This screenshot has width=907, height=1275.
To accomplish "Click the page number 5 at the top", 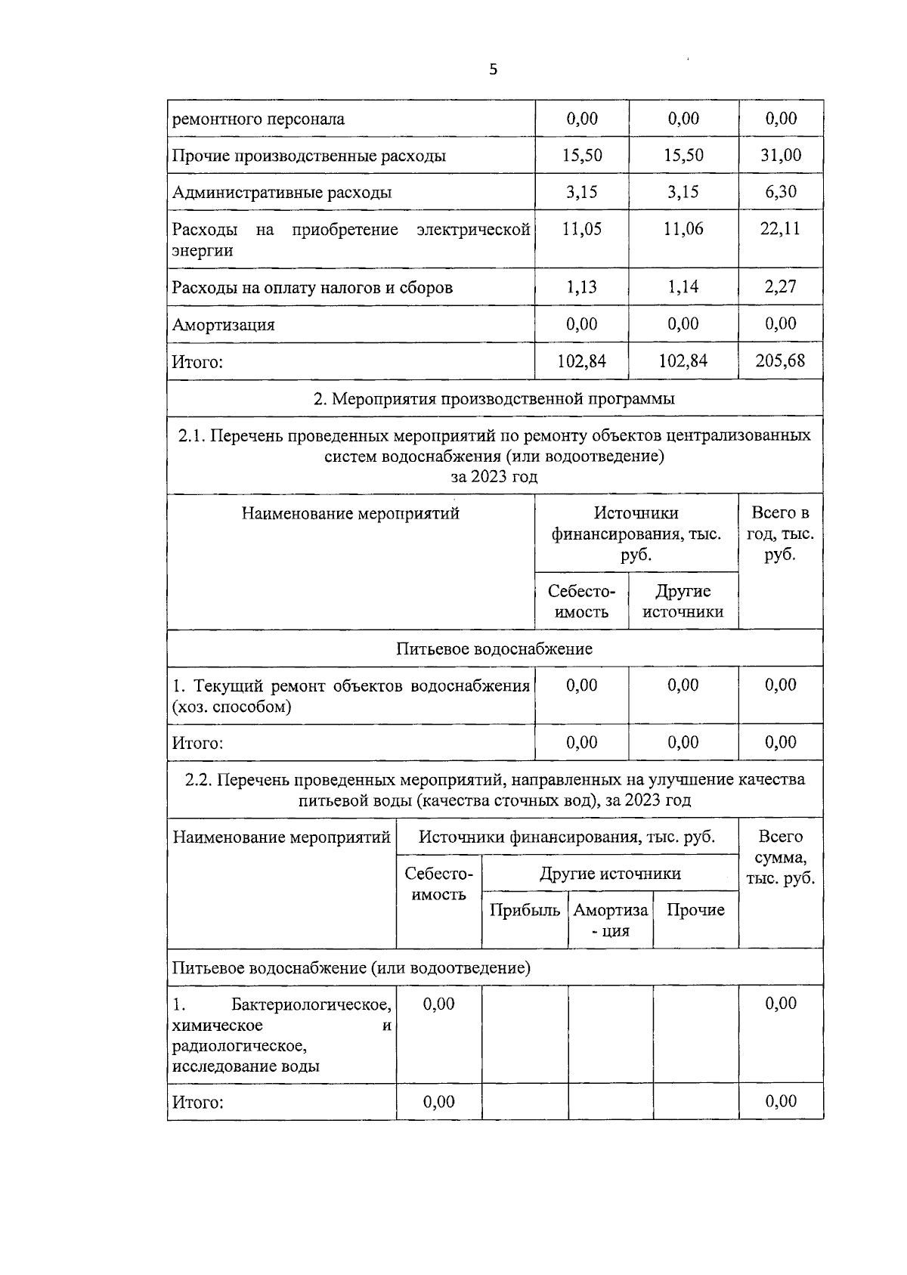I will point(494,70).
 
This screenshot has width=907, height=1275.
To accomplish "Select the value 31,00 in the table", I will point(781,156).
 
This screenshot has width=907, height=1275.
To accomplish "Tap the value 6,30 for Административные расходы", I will point(781,192).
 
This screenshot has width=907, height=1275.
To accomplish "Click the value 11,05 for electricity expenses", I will point(581,230).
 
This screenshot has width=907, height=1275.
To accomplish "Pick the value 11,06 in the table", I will point(683,230).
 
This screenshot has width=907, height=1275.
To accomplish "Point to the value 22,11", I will point(781,230).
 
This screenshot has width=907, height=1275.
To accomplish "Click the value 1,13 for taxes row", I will point(581,287).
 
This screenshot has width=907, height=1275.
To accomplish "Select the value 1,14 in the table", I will point(683,287).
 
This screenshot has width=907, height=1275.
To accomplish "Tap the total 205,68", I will point(781,361).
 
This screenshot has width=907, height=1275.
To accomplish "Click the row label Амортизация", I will point(224,325).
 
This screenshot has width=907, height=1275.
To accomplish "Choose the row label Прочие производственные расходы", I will point(308,156).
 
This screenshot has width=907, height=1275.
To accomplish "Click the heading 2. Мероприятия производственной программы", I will point(494,398).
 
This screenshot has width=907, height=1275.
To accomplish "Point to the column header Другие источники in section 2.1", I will point(683,602).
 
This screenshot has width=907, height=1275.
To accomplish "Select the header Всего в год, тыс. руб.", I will point(781,534).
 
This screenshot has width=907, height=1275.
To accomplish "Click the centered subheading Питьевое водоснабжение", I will point(494,649).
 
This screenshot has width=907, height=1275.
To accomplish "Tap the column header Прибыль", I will point(525,911).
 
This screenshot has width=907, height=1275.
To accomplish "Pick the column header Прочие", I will point(695,911).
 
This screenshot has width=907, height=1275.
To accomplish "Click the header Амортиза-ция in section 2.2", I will point(611,921).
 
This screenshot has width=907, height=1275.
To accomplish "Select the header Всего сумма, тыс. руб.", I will point(781,858).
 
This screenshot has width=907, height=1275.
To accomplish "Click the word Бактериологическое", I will point(311,1005).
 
